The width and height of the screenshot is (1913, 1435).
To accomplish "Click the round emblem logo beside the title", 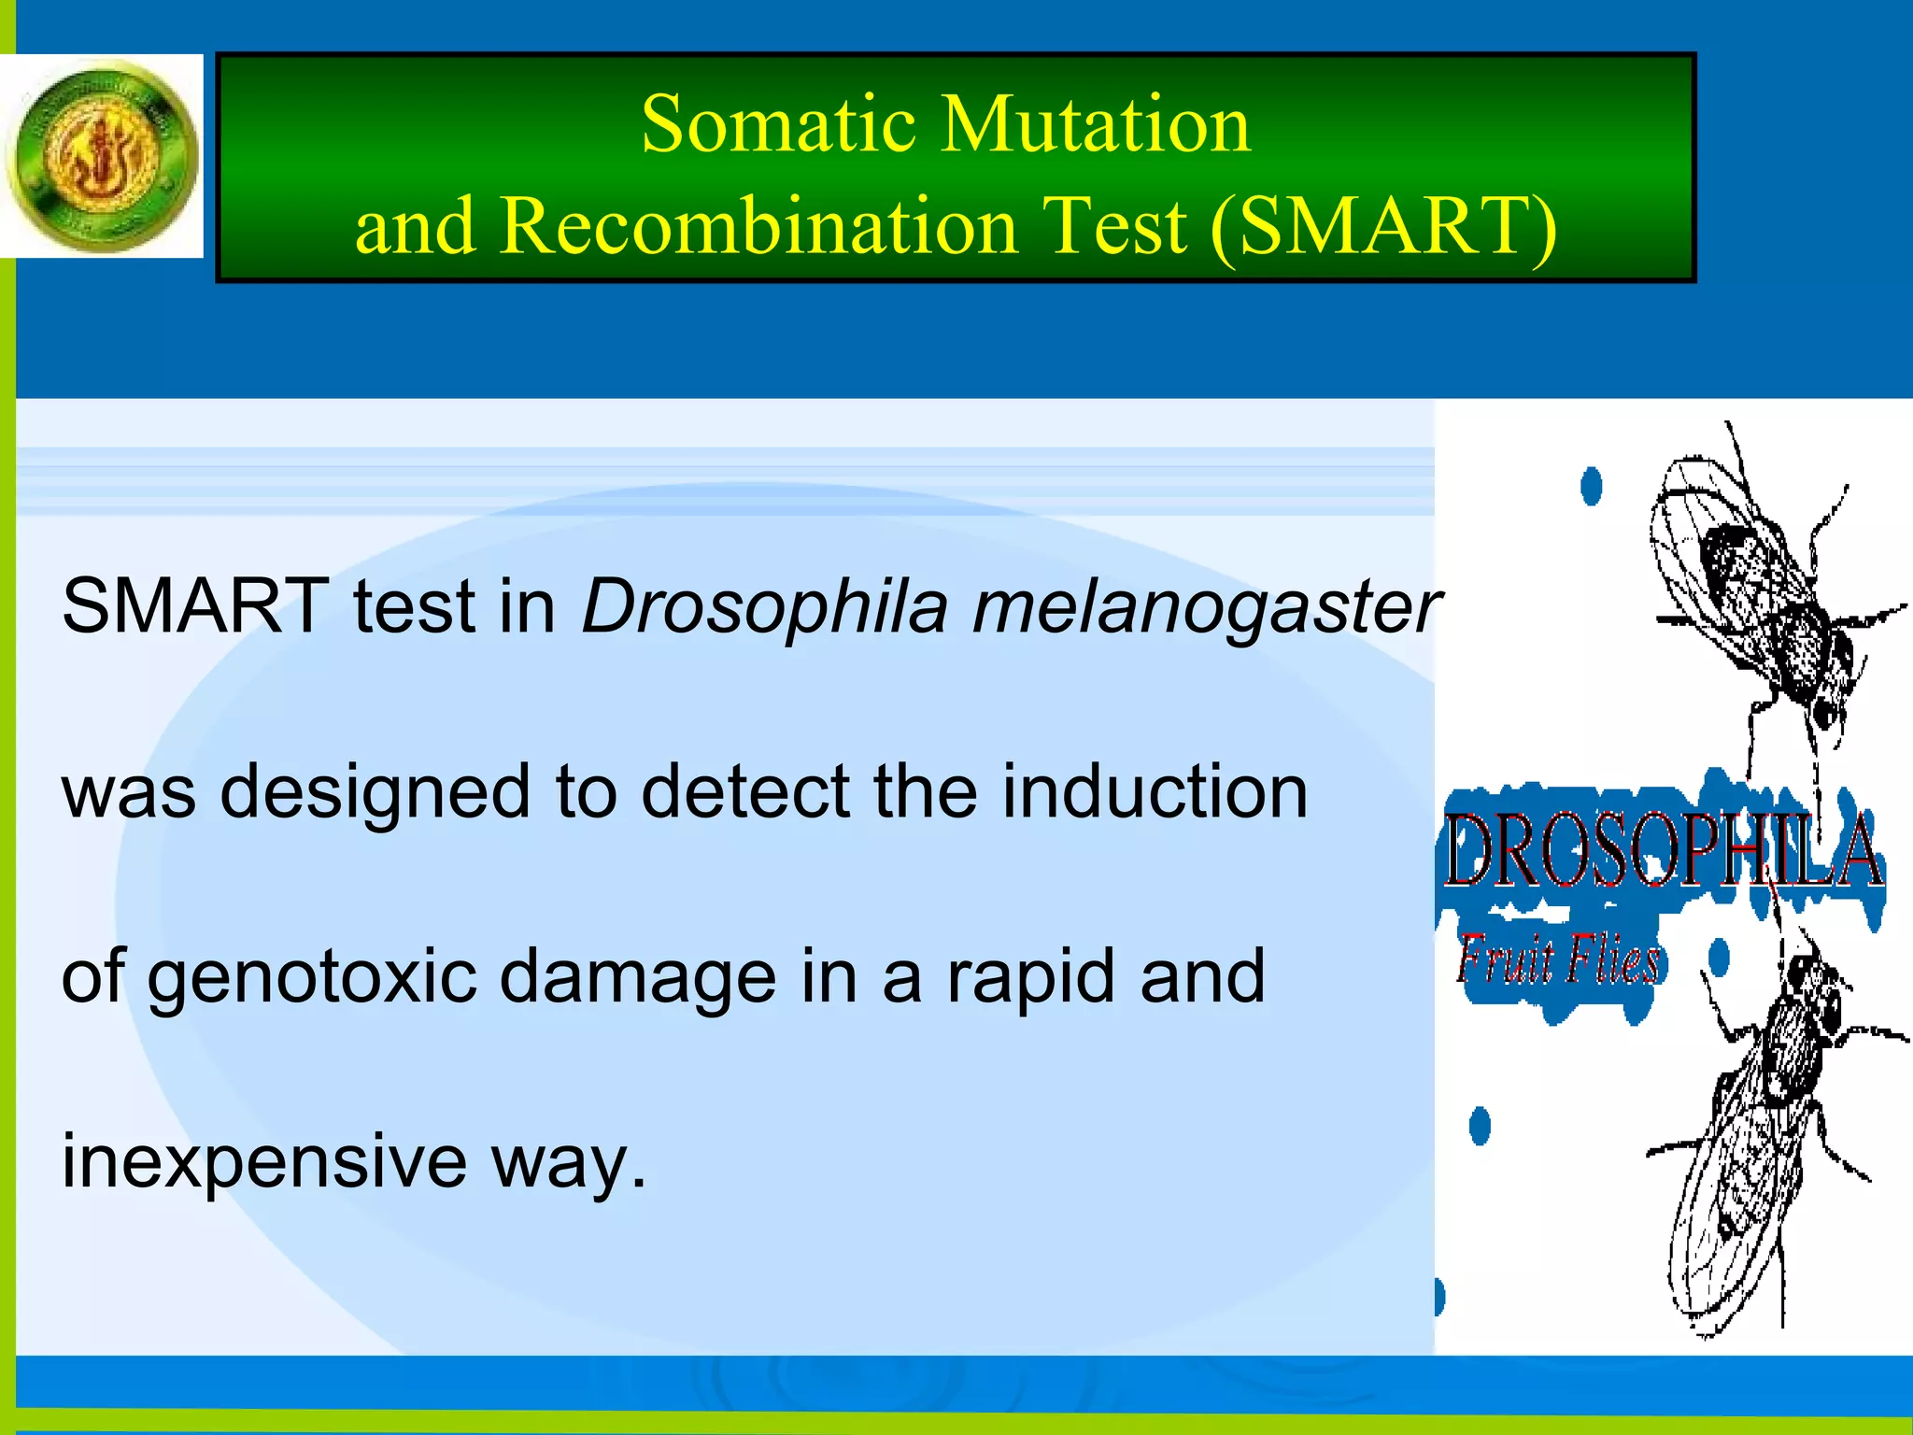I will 101,155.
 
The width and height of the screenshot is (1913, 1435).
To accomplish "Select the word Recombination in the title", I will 758,226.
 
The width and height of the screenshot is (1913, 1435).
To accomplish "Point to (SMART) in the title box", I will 1383,226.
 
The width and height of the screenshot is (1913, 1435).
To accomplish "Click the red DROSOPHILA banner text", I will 1663,850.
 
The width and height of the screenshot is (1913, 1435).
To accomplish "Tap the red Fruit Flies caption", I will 1558,960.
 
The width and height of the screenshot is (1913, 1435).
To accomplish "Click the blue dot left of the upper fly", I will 1591,486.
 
